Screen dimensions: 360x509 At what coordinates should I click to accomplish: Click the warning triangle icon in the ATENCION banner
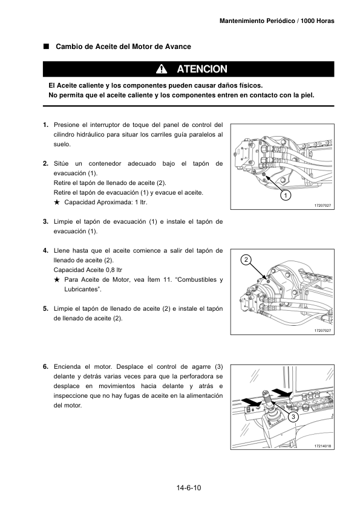[x=162, y=69]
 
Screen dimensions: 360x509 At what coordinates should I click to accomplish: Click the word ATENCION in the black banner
[x=201, y=69]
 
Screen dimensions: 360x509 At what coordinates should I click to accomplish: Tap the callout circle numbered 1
[x=286, y=195]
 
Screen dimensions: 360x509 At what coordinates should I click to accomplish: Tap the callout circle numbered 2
[x=246, y=260]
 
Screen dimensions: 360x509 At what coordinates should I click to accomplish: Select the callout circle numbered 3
[x=293, y=417]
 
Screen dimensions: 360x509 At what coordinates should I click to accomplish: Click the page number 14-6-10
[x=189, y=488]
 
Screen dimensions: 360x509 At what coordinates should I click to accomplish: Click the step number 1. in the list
[x=46, y=125]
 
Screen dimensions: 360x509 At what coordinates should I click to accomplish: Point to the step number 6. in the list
[x=46, y=367]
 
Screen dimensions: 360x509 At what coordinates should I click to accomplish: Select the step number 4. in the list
[x=46, y=251]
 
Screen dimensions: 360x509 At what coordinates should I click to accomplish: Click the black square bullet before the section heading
[x=46, y=46]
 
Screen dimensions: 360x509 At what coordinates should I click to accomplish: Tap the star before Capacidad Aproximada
[x=57, y=203]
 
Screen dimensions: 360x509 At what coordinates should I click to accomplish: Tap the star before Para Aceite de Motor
[x=57, y=279]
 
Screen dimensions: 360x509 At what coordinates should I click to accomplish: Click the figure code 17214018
[x=322, y=446]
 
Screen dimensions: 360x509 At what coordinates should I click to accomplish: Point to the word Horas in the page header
[x=326, y=21]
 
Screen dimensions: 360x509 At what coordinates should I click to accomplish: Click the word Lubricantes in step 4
[x=82, y=289]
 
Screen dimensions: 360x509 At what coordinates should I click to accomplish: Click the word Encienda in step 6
[x=67, y=367]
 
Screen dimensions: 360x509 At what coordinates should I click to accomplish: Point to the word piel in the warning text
[x=307, y=95]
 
